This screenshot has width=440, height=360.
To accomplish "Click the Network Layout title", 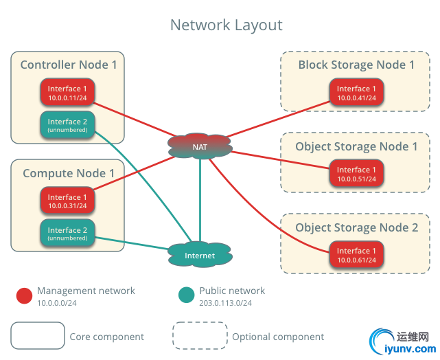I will pyautogui.click(x=226, y=25).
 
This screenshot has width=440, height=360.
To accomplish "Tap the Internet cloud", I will pyautogui.click(x=200, y=256).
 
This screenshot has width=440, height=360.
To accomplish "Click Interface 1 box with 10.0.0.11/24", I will pyautogui.click(x=67, y=93).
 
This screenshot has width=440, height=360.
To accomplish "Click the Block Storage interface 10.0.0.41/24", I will pyautogui.click(x=356, y=93).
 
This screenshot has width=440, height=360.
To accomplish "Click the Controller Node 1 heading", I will pyautogui.click(x=68, y=65).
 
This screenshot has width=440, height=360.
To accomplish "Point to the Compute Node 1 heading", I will pyautogui.click(x=68, y=173).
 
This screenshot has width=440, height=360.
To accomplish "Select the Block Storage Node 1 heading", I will pyautogui.click(x=356, y=65).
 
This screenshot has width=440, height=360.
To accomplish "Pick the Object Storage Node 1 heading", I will pyautogui.click(x=356, y=146).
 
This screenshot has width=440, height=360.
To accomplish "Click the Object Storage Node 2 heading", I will pyautogui.click(x=356, y=227).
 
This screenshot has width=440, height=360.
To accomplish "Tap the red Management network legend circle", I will pyautogui.click(x=25, y=296).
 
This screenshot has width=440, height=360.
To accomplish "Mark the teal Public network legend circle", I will pyautogui.click(x=186, y=296).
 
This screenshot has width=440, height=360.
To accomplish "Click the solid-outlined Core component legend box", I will pyautogui.click(x=38, y=336).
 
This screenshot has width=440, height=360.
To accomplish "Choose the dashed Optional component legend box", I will pyautogui.click(x=200, y=336).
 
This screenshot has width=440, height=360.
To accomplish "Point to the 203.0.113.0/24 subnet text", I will pyautogui.click(x=226, y=302).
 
